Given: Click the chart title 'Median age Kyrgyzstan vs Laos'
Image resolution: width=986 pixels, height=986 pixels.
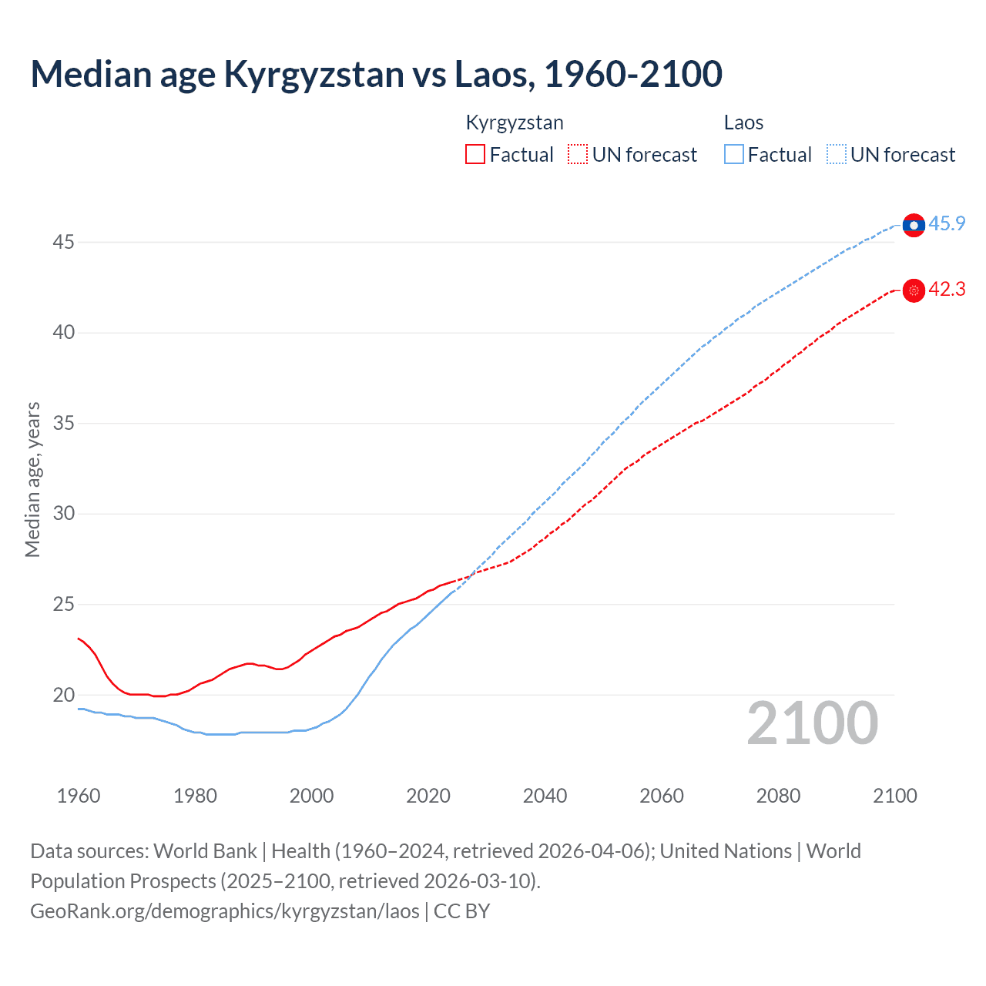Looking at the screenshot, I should [x=376, y=74].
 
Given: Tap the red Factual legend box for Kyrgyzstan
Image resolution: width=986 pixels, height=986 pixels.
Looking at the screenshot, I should [x=475, y=154].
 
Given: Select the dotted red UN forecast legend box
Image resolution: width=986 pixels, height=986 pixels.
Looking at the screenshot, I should [x=578, y=154].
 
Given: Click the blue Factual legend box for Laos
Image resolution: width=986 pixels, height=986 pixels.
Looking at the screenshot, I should [x=734, y=154].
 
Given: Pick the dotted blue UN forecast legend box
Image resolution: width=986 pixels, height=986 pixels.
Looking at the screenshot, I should [x=837, y=154].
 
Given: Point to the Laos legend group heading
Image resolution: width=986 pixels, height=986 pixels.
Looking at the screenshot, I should [x=743, y=122].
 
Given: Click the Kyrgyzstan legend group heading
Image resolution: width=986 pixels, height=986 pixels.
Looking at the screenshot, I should [x=515, y=122].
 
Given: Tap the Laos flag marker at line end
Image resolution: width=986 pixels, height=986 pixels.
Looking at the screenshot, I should [x=914, y=225].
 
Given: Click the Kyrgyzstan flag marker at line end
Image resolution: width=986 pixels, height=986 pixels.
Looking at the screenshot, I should [x=914, y=290].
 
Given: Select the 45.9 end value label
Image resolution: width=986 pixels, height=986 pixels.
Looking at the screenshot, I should [x=947, y=224].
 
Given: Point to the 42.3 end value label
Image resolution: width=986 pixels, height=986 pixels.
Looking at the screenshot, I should [x=947, y=290].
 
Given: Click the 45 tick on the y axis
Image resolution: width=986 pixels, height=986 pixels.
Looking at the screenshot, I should [x=63, y=243].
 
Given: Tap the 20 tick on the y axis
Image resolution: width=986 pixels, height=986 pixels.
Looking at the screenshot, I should [x=63, y=695].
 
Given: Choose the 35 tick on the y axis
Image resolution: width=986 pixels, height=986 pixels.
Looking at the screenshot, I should [x=63, y=424].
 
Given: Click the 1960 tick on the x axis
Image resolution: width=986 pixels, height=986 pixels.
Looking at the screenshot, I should [x=79, y=796].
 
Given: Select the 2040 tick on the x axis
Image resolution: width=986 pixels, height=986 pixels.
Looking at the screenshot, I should [x=545, y=796].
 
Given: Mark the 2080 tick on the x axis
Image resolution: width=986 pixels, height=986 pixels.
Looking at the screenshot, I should [x=778, y=796].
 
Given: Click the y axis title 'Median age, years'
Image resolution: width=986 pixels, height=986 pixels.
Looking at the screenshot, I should [x=32, y=479].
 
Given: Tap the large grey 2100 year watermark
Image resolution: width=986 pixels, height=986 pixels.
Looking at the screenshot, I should [x=812, y=723].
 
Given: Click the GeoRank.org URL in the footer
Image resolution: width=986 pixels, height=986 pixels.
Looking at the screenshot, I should [x=225, y=911].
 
